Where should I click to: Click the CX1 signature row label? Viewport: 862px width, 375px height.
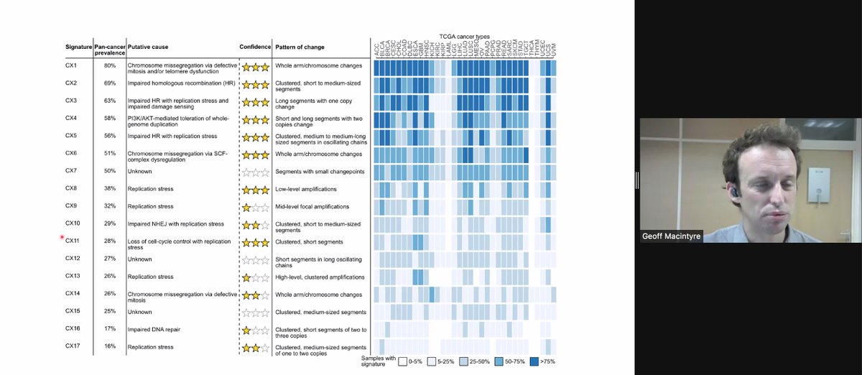pos(70,65)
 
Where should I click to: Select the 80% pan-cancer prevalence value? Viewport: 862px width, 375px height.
pos(109,65)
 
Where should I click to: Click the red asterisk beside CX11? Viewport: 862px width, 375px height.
pos(62,238)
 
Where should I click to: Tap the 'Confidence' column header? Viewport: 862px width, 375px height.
pos(254,47)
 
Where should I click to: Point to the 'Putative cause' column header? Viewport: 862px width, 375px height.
pos(149,47)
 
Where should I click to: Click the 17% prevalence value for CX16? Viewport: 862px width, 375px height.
pos(109,329)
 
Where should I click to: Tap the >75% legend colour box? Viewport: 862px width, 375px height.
pos(534,361)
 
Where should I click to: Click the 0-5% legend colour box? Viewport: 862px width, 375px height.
pos(404,361)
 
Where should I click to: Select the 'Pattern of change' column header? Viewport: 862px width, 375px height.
pos(300,47)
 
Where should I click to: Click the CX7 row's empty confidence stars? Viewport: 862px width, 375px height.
pos(254,172)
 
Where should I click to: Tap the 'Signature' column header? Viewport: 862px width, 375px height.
pos(78,47)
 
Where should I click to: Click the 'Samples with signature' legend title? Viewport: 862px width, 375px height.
pos(379,361)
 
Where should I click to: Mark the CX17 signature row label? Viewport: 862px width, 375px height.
pos(72,346)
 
